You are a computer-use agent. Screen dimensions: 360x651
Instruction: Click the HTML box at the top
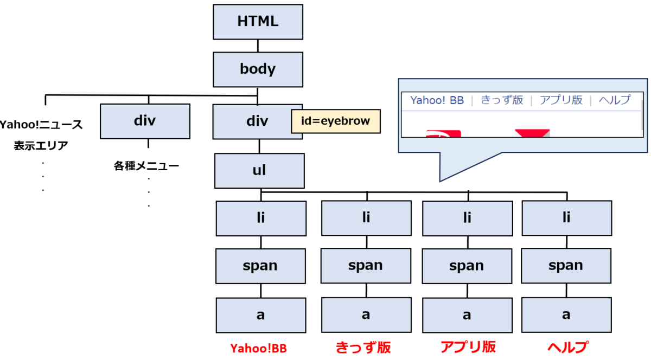258,22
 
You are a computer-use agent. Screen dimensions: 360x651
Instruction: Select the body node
258,69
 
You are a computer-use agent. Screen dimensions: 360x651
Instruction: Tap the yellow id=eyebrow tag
335,121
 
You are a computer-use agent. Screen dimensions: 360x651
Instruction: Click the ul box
259,171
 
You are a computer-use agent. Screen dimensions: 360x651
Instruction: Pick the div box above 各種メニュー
145,121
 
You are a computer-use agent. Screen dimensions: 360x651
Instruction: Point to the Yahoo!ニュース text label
41,126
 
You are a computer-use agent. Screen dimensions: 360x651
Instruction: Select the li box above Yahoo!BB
260,218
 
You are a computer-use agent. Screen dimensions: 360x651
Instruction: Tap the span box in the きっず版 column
366,266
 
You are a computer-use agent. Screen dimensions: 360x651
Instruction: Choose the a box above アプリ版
467,315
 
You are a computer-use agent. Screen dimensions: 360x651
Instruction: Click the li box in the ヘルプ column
566,218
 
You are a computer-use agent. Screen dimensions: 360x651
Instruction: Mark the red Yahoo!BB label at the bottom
258,348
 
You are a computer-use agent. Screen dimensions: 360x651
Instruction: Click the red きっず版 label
363,347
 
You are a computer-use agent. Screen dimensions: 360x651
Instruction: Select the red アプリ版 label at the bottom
468,347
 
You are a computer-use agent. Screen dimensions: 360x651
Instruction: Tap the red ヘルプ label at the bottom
567,347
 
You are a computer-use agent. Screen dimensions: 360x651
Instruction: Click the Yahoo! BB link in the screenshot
437,100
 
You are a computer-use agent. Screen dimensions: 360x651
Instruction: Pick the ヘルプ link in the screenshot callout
615,100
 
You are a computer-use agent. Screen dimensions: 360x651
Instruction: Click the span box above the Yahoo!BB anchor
260,266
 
